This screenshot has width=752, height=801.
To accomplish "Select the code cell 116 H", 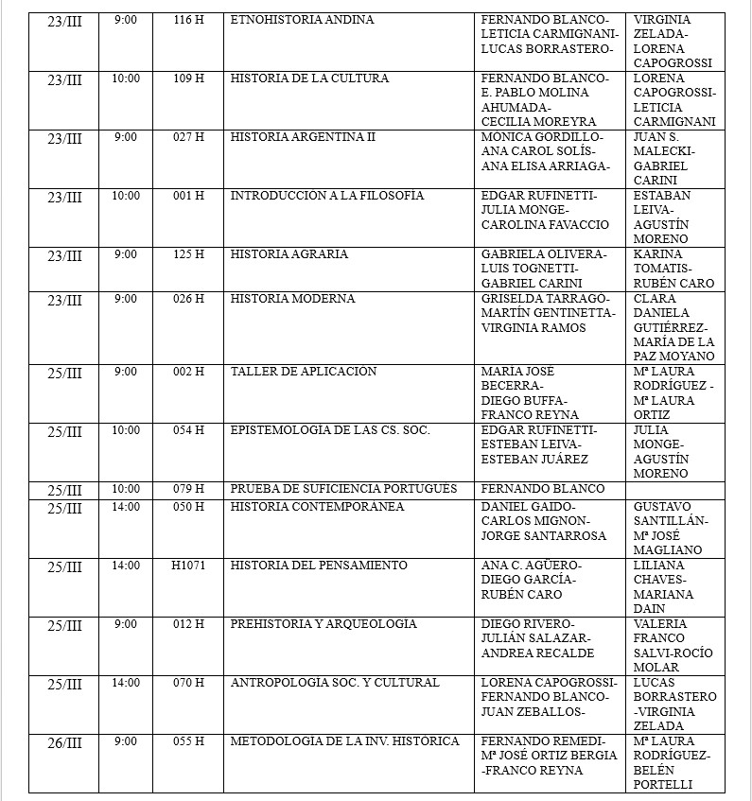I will click(188, 20).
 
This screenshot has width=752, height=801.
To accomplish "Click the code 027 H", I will click(188, 137).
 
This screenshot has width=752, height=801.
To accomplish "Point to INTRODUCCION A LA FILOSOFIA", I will click(327, 196).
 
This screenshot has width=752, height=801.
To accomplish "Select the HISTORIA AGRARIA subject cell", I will click(289, 254).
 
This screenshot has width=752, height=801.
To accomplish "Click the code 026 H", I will click(188, 299).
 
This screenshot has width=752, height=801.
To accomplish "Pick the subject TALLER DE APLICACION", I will click(304, 372).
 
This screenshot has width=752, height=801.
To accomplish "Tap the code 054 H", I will click(188, 430).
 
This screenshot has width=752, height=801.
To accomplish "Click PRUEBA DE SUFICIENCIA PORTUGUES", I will click(344, 489).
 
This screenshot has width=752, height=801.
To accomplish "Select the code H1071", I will click(188, 566).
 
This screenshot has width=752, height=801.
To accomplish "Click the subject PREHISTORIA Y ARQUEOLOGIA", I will click(324, 624).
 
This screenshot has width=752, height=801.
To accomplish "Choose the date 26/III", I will click(65, 742).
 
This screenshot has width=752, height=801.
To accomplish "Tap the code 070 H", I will click(188, 683).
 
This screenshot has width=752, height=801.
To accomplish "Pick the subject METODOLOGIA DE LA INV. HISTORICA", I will click(345, 741).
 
